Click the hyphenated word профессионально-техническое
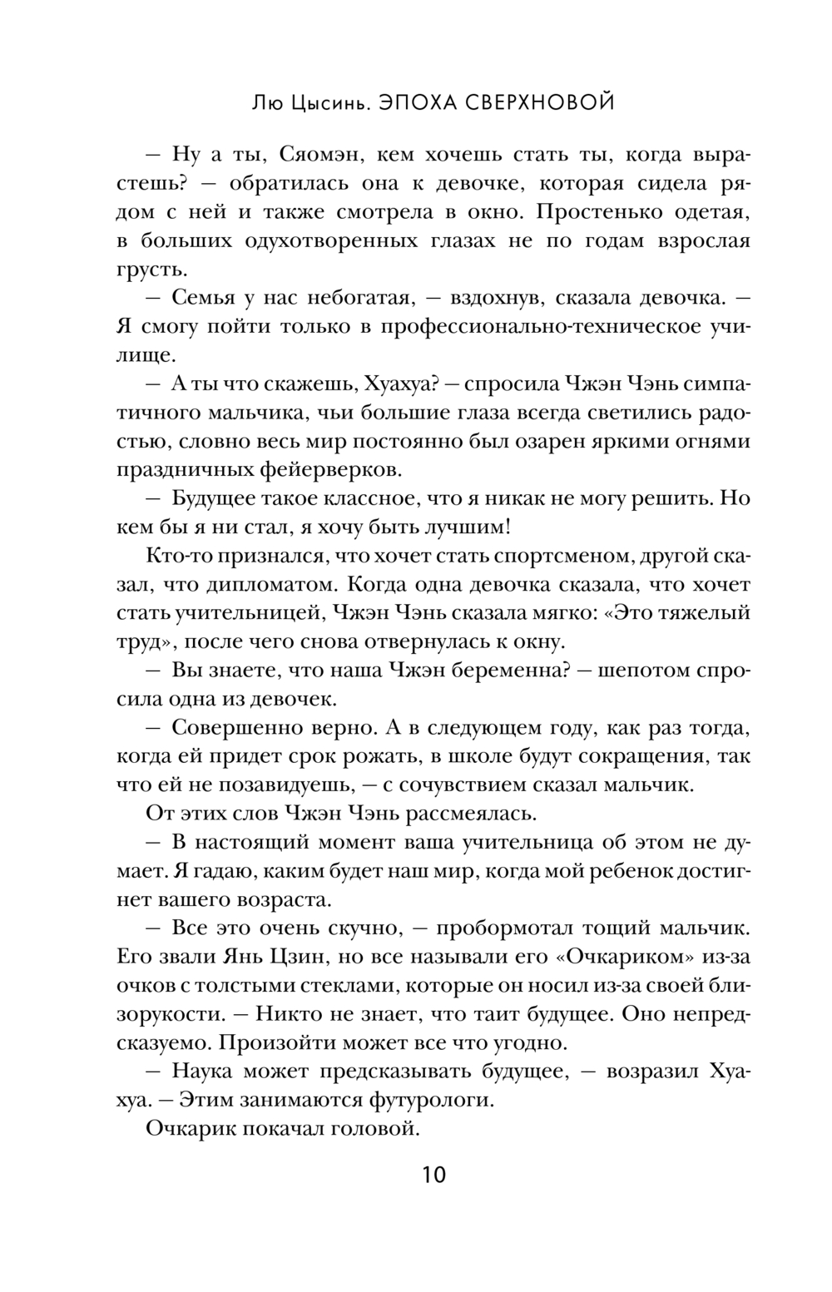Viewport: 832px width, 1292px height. coord(531,327)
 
